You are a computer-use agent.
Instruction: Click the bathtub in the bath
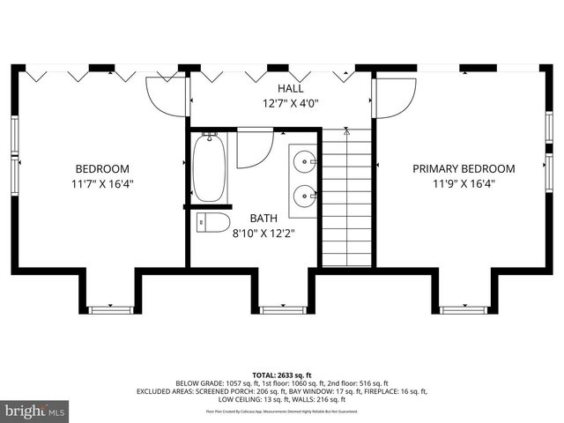coord(210,167)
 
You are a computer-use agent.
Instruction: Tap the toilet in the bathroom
coord(212,222)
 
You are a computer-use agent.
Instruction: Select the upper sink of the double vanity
coord(305,160)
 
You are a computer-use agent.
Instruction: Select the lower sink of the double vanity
coord(305,195)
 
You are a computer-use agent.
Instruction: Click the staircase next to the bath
coord(346,198)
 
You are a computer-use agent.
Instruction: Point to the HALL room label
coord(291,89)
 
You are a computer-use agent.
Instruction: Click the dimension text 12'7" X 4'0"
coord(291,103)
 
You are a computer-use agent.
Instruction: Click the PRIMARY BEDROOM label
coord(464,169)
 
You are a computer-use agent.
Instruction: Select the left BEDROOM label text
coord(102,169)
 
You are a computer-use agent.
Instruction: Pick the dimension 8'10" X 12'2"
coord(263,234)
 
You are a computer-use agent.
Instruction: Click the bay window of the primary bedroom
coord(464,309)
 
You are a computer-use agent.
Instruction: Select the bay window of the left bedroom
coord(111,309)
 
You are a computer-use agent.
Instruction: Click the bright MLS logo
coord(35,411)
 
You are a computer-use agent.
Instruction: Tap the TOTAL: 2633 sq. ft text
coord(282,374)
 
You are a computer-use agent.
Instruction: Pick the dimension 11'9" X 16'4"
coord(464,184)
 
